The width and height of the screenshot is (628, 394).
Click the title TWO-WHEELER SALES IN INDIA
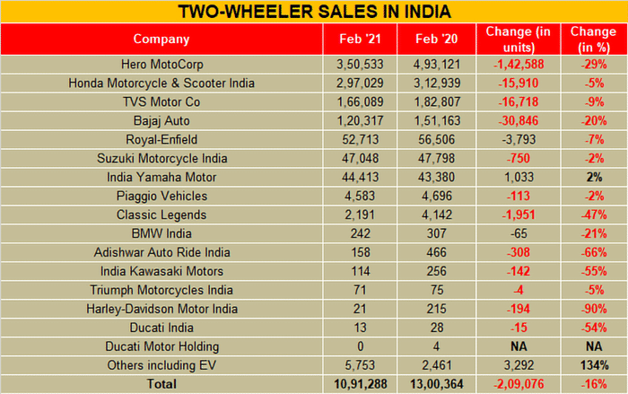[x=314, y=12]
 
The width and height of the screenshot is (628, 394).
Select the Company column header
[x=161, y=39]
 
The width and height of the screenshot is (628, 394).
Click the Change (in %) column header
[x=593, y=39]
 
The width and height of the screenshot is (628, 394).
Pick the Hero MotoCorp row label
[x=161, y=66]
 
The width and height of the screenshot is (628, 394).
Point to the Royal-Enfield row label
[x=161, y=139]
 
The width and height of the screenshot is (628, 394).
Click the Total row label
[x=161, y=383]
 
